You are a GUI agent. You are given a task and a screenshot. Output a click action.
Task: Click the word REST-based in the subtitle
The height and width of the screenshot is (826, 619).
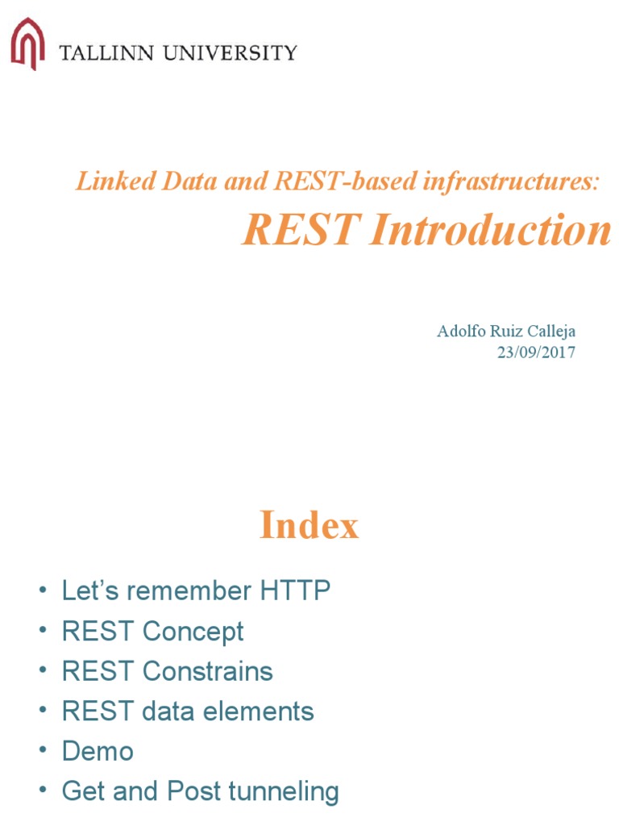(332, 181)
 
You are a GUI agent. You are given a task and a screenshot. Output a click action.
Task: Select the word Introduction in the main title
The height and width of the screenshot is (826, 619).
(491, 232)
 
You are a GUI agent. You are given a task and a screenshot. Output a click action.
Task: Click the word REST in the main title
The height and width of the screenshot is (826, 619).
(299, 232)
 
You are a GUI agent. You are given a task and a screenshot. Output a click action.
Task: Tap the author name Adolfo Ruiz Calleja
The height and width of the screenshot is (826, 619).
(506, 331)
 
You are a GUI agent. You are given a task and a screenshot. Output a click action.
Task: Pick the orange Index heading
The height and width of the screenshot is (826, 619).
(309, 527)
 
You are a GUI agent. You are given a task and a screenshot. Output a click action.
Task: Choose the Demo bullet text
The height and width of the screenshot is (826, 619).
(98, 752)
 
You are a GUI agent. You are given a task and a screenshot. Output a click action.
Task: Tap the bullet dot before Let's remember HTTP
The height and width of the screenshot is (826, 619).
(43, 592)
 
